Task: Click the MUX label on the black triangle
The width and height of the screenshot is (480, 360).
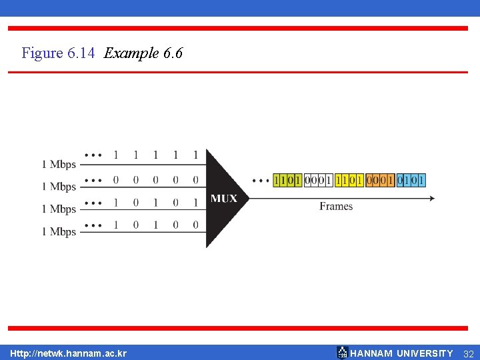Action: tap(224, 199)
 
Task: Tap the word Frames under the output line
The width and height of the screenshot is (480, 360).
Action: tap(336, 207)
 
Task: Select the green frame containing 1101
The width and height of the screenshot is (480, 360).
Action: tap(287, 180)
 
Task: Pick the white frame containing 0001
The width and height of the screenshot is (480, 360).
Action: tap(318, 180)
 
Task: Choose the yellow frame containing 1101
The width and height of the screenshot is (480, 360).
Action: tap(349, 180)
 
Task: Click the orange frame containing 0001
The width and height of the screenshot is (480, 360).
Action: tap(380, 180)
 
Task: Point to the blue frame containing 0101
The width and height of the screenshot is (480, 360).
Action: tap(411, 180)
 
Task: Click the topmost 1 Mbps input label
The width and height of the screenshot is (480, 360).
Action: tap(59, 164)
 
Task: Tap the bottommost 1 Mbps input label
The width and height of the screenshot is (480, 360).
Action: tap(59, 232)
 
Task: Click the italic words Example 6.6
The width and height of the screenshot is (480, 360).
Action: tap(143, 53)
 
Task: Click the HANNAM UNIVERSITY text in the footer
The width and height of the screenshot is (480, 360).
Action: tap(401, 353)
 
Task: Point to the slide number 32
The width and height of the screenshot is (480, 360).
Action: tap(468, 353)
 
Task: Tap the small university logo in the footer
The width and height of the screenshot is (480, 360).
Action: tap(342, 353)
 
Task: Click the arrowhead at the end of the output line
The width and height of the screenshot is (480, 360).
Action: tap(432, 198)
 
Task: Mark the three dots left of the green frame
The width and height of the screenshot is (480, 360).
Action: tap(261, 181)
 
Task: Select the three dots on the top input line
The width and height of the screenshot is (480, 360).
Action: tap(93, 155)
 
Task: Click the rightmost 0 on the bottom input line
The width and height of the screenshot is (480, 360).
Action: tap(195, 225)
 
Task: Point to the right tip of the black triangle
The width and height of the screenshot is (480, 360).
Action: tap(247, 198)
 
